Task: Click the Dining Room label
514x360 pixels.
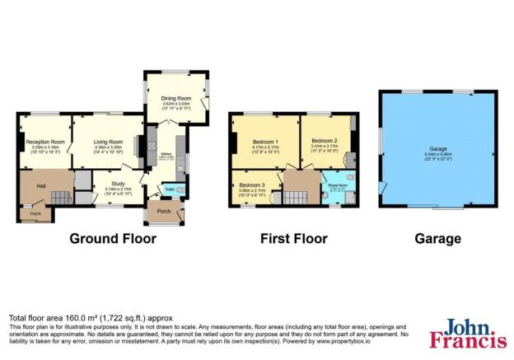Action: click(x=175, y=100)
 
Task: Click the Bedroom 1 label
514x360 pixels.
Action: click(x=265, y=142)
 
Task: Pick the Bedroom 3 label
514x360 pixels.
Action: click(x=253, y=185)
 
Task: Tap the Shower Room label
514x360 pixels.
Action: click(x=337, y=185)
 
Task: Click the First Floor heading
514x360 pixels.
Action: click(x=294, y=240)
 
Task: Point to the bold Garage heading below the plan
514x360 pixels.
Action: click(x=437, y=240)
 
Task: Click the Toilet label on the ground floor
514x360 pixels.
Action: click(x=168, y=189)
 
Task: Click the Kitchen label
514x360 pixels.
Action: click(x=165, y=154)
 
